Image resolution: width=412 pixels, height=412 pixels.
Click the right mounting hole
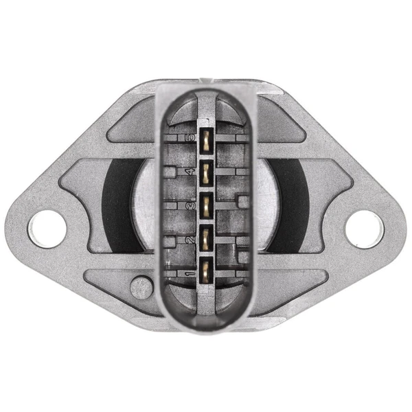tap(363, 229)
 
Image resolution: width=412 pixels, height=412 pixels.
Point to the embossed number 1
tap(187, 275)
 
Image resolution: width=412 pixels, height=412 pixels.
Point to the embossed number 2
tap(187, 240)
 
